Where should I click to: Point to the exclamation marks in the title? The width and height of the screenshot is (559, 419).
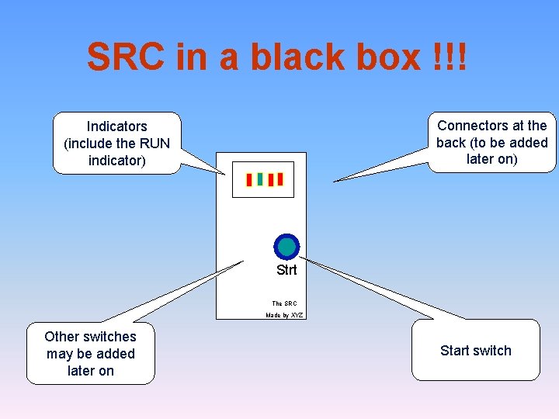(450, 57)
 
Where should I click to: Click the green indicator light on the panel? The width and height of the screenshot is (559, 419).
(260, 179)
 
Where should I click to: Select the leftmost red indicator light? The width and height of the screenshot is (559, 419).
(249, 180)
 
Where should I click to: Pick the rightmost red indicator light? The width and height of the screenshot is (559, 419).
(280, 180)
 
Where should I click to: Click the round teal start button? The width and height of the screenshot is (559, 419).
(286, 247)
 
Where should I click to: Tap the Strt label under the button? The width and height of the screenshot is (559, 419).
(286, 271)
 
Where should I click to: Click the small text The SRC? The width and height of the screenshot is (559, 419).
(284, 303)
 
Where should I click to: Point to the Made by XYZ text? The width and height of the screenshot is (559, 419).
(284, 315)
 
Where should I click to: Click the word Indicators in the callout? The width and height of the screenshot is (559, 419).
(116, 126)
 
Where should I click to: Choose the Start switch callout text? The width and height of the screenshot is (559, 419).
(475, 351)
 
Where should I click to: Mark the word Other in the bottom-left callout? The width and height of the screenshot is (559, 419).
(61, 337)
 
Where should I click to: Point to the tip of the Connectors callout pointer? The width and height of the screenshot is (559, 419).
(335, 182)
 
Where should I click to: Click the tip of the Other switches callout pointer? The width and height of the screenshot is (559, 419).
(243, 261)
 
